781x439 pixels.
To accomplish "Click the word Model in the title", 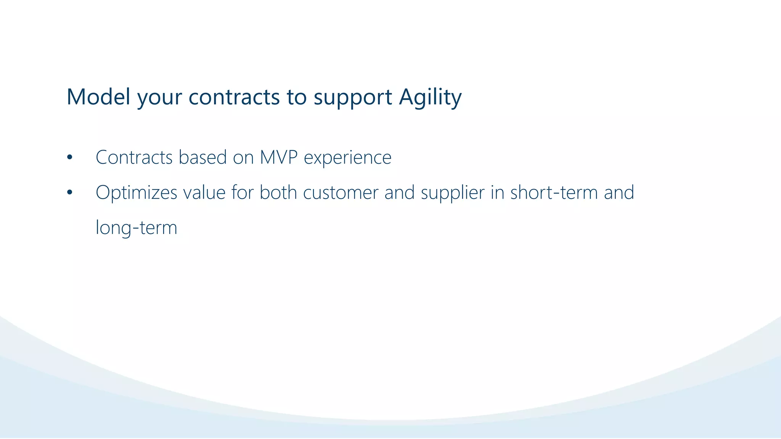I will click(98, 97).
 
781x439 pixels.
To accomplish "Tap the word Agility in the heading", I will click(430, 97).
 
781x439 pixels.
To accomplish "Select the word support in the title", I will click(353, 98).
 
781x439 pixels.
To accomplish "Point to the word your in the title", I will click(159, 98).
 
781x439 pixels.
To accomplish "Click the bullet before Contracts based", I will click(69, 157).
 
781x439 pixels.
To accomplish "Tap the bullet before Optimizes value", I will click(69, 192).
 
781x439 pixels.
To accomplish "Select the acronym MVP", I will click(278, 157).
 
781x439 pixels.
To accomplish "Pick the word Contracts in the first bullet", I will click(134, 157).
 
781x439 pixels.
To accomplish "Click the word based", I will click(202, 157).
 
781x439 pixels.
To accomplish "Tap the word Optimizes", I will click(136, 192).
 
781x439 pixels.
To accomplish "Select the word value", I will click(204, 192).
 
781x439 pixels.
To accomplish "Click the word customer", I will click(341, 192).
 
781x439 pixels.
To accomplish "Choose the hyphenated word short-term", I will click(554, 192).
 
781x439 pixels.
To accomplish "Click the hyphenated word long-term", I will click(136, 228).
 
